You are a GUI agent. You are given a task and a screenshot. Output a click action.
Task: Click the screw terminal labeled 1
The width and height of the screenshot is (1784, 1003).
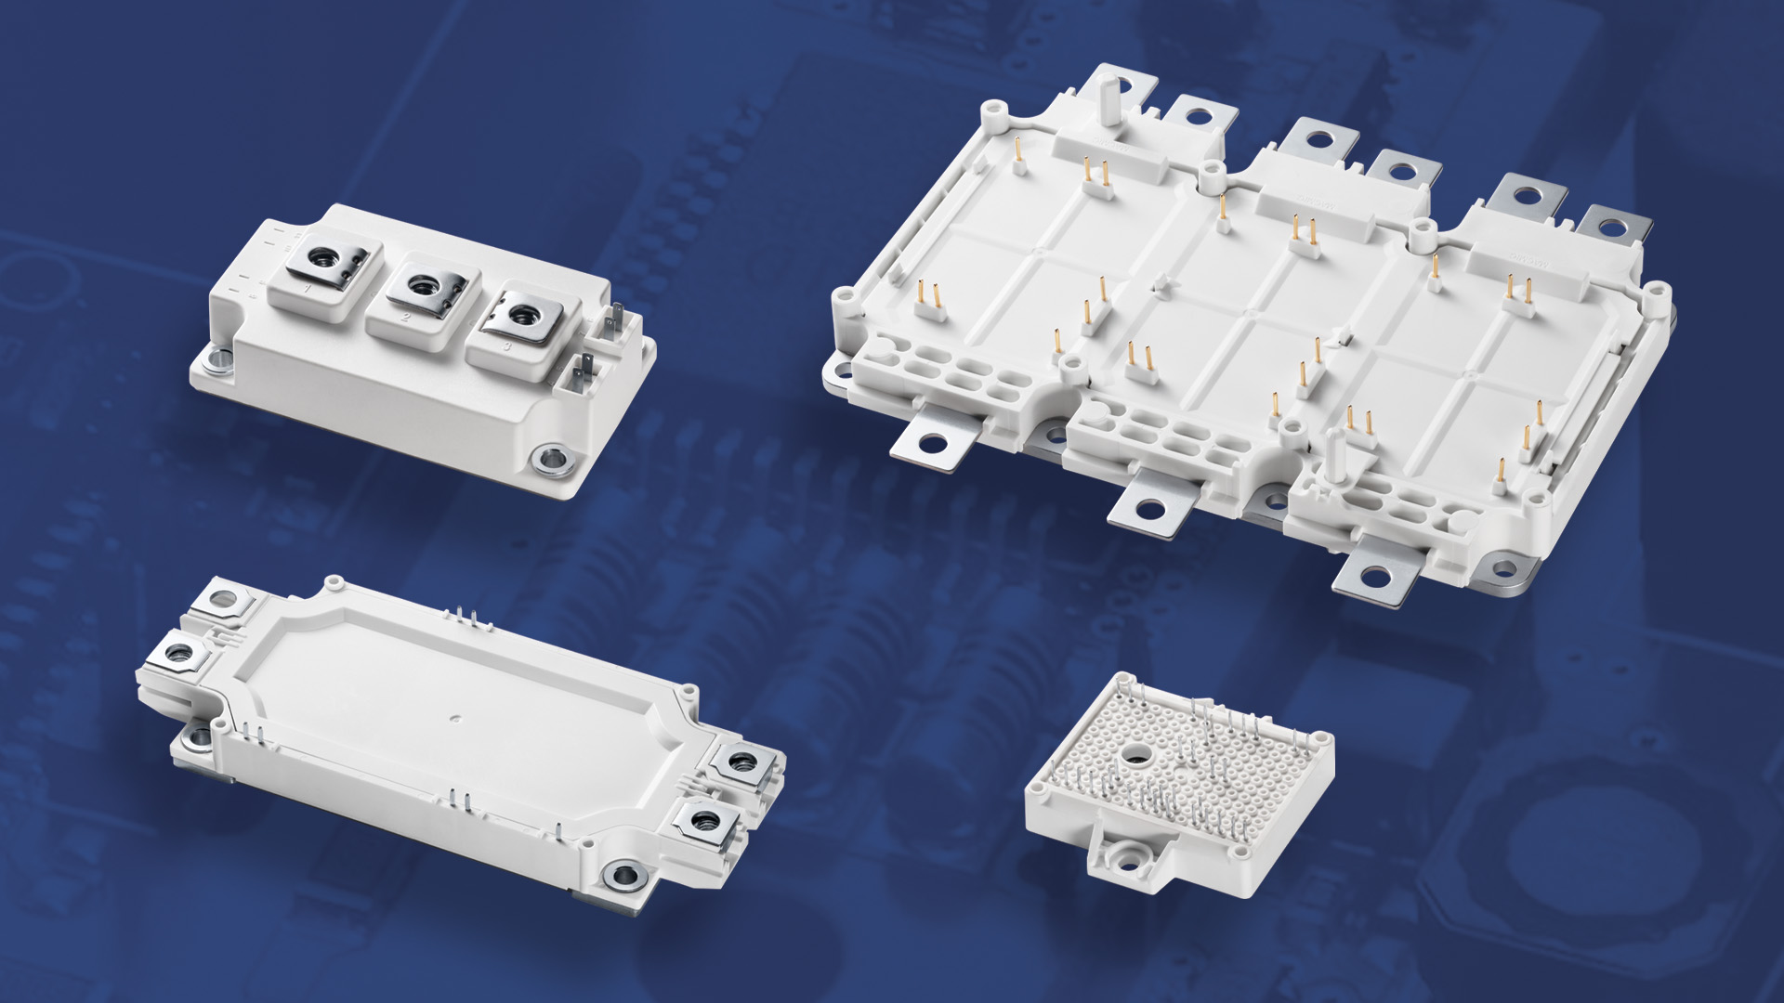point(325,263)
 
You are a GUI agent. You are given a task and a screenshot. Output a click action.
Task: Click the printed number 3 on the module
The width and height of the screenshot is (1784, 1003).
point(506,346)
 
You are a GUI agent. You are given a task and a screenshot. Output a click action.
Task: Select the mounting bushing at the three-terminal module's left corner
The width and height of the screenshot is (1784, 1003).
point(220,358)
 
